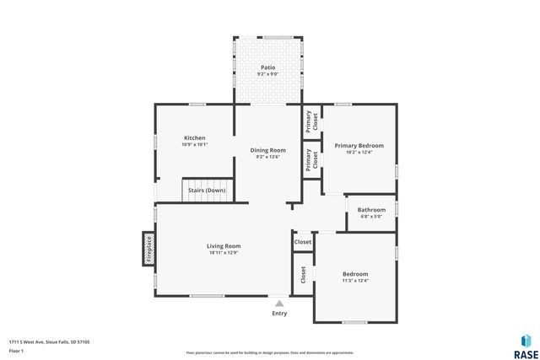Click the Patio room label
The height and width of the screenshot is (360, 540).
point(267,67)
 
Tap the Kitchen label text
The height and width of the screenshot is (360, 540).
point(195,137)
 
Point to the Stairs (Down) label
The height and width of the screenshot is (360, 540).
point(208,191)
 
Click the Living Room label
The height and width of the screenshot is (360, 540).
point(224,246)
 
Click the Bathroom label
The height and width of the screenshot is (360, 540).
point(371,209)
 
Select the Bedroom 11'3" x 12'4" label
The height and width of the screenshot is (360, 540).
point(355,274)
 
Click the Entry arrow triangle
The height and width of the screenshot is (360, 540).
point(279,302)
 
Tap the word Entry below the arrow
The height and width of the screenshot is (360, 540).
point(279,314)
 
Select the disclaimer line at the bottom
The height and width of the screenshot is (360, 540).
point(270,352)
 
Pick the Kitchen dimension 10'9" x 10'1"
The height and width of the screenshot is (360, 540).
point(195,145)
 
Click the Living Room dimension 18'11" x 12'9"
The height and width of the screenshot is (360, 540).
point(224,253)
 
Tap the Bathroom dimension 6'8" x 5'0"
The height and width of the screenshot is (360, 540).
point(371,217)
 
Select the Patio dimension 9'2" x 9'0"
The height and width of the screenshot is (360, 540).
point(267,74)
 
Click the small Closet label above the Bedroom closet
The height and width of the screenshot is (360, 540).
point(302,242)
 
